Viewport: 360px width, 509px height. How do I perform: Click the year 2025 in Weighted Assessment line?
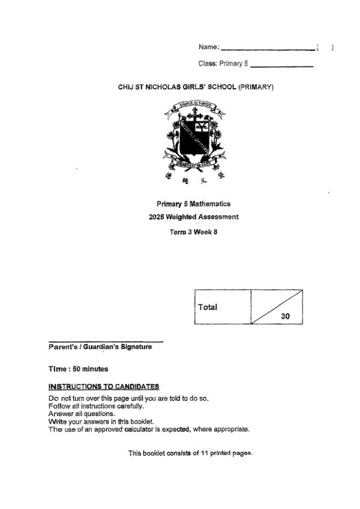(157, 217)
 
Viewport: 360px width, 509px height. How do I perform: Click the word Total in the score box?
(208, 307)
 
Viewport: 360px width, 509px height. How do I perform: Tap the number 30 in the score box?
(286, 316)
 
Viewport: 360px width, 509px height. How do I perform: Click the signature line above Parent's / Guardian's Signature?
(106, 341)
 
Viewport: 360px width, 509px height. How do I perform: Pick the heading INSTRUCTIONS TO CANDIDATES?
(104, 385)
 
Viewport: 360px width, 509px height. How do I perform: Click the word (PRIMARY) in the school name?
(256, 88)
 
